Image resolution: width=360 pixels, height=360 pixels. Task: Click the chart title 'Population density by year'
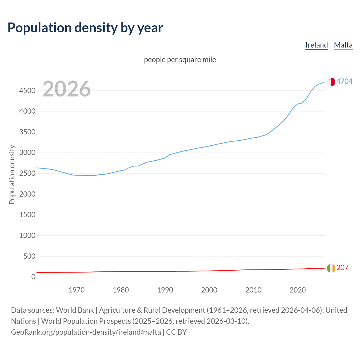click(x=85, y=28)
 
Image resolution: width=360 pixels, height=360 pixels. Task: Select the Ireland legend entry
click(x=316, y=45)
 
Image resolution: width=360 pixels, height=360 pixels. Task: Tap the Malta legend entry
click(x=343, y=45)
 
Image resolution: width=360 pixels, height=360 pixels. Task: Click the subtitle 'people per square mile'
click(x=180, y=60)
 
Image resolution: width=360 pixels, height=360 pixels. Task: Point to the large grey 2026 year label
click(x=67, y=89)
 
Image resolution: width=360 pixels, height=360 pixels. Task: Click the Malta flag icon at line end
click(x=331, y=82)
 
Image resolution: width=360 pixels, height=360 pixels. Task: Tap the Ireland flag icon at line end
click(x=331, y=268)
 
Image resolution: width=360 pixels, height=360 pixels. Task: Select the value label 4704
click(x=345, y=81)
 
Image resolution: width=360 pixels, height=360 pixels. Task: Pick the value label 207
click(x=342, y=267)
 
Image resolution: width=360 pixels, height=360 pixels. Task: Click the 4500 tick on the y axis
click(x=27, y=91)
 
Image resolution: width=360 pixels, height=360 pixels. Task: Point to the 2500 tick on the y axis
click(x=27, y=173)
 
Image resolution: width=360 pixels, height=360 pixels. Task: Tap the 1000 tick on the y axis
click(x=27, y=235)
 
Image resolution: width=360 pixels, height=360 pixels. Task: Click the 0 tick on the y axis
click(x=33, y=277)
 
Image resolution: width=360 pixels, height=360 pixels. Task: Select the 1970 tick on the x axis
click(x=76, y=290)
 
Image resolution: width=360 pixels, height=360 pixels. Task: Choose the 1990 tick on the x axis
click(x=165, y=290)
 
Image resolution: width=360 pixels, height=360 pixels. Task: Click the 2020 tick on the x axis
click(x=298, y=290)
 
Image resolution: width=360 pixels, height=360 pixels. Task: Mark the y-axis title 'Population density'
click(x=12, y=174)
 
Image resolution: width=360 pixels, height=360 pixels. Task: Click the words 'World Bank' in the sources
click(x=75, y=310)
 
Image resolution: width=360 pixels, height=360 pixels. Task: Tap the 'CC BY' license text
click(x=176, y=332)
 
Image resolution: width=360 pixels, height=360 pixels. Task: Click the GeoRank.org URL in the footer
click(x=86, y=332)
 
